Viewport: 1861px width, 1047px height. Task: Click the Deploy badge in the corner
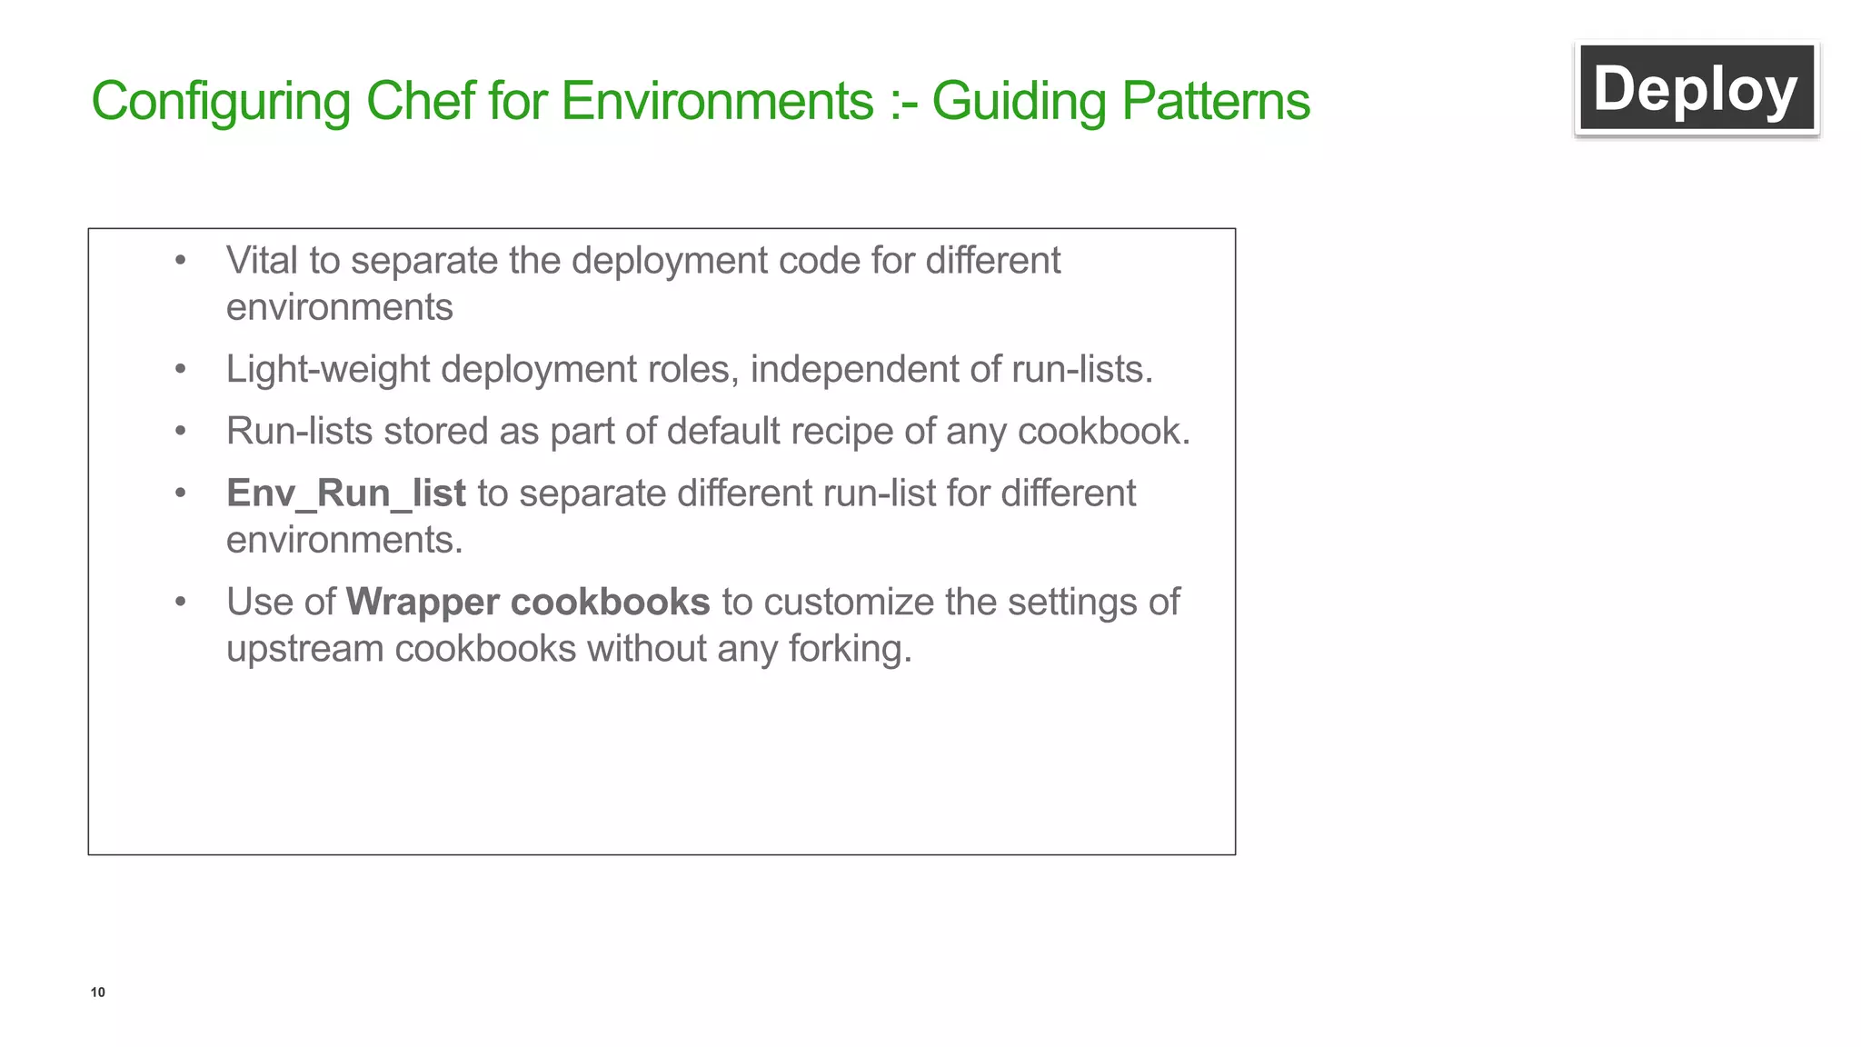(x=1696, y=89)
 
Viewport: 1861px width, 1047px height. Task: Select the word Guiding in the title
(x=1019, y=102)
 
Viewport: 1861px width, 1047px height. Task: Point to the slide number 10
(x=98, y=992)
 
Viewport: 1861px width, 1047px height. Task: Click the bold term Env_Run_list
(x=345, y=494)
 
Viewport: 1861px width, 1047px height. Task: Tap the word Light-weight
(x=328, y=370)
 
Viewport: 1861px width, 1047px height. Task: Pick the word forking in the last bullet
(x=849, y=649)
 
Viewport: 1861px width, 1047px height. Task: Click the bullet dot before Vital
(x=181, y=261)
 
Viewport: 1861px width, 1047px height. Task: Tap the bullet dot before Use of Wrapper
(x=181, y=603)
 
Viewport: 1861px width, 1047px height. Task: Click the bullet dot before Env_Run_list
(x=181, y=494)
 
